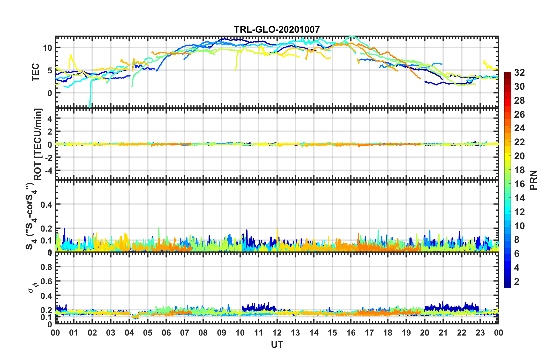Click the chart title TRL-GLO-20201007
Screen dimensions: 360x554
(277, 29)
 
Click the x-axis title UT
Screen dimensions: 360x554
(277, 345)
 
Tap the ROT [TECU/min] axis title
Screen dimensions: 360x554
(38, 144)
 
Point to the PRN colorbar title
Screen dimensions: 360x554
(534, 180)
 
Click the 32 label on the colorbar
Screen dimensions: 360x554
(519, 73)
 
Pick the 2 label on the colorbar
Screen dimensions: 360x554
(517, 281)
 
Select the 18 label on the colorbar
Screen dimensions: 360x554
(519, 170)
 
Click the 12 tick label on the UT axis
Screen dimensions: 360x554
(277, 333)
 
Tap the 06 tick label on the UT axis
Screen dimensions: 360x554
(166, 333)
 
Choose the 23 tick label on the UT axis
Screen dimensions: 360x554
(480, 333)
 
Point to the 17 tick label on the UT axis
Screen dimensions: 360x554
(369, 333)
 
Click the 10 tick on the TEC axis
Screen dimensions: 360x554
(47, 48)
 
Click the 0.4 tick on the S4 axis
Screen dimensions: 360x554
(46, 204)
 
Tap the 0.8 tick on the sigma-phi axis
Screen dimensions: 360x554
(46, 267)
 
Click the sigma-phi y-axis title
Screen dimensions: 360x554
(33, 287)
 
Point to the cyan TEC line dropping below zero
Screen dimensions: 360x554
(90, 99)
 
